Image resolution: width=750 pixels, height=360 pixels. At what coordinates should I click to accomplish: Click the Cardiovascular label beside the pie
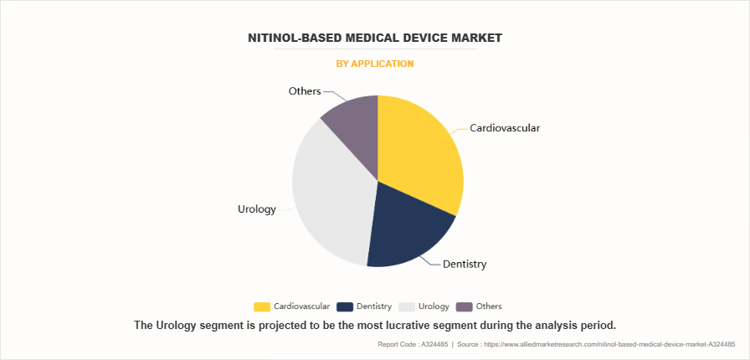[505, 128]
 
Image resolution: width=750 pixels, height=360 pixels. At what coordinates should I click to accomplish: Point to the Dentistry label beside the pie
[465, 265]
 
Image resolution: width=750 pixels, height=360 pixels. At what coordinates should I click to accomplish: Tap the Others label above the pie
[305, 90]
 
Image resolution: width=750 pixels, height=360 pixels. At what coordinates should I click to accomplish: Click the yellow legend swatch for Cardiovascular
[261, 306]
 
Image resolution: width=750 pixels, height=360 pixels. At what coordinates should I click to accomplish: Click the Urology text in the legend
[434, 306]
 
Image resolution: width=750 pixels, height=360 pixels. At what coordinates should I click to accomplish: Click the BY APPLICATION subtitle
[374, 64]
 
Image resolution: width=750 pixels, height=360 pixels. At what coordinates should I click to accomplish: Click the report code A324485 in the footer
[429, 344]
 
